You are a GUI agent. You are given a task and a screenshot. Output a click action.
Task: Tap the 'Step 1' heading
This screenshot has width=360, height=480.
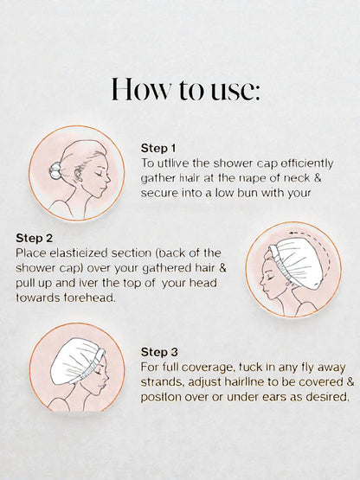(x=158, y=148)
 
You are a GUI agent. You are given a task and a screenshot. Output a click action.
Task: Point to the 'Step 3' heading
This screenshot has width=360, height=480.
(x=158, y=353)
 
